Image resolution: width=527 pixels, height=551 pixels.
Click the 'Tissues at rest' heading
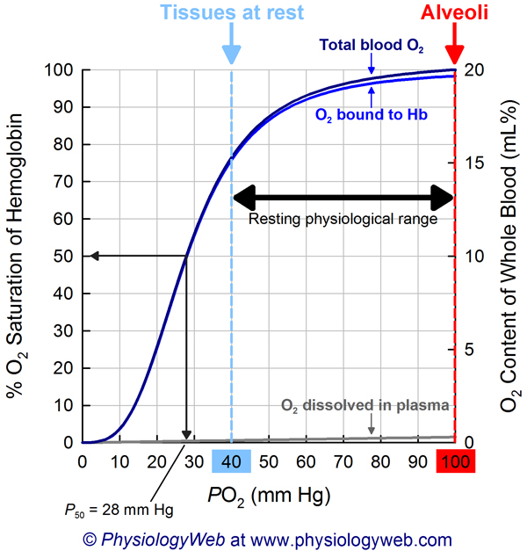pyautogui.click(x=230, y=12)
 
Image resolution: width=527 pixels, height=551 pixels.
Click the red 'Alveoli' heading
pyautogui.click(x=454, y=12)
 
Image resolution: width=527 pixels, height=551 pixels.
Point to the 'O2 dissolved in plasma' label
pyautogui.click(x=365, y=406)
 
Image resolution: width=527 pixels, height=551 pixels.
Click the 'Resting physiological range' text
pyautogui.click(x=343, y=220)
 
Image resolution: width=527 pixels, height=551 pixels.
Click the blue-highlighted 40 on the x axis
pyautogui.click(x=231, y=462)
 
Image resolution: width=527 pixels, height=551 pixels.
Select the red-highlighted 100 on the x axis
pyautogui.click(x=455, y=462)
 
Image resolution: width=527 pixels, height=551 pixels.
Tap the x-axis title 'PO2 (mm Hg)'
pyautogui.click(x=268, y=495)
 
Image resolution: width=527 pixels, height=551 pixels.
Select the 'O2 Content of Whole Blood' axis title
pyautogui.click(x=508, y=255)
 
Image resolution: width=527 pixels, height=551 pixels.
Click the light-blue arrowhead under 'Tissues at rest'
pyautogui.click(x=230, y=53)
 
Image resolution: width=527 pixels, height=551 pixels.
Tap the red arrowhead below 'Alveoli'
pyautogui.click(x=454, y=53)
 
